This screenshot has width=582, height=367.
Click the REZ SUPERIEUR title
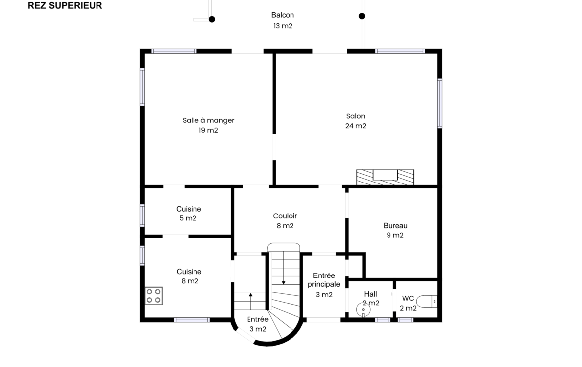point(65,5)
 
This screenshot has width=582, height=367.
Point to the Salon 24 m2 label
point(356,121)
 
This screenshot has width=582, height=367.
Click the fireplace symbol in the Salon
point(386,177)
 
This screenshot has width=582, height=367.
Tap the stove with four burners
point(154,296)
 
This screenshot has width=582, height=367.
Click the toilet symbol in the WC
point(427,301)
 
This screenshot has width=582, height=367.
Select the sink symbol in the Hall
point(363,309)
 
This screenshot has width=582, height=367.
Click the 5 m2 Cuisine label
point(189,213)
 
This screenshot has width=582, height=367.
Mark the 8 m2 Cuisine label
point(190,276)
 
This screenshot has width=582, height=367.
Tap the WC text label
point(408,298)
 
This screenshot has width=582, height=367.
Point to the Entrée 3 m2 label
point(258,324)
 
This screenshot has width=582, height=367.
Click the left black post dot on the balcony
point(212,19)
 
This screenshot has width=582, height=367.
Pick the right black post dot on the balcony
point(362,16)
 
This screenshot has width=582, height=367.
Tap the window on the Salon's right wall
point(439,103)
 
